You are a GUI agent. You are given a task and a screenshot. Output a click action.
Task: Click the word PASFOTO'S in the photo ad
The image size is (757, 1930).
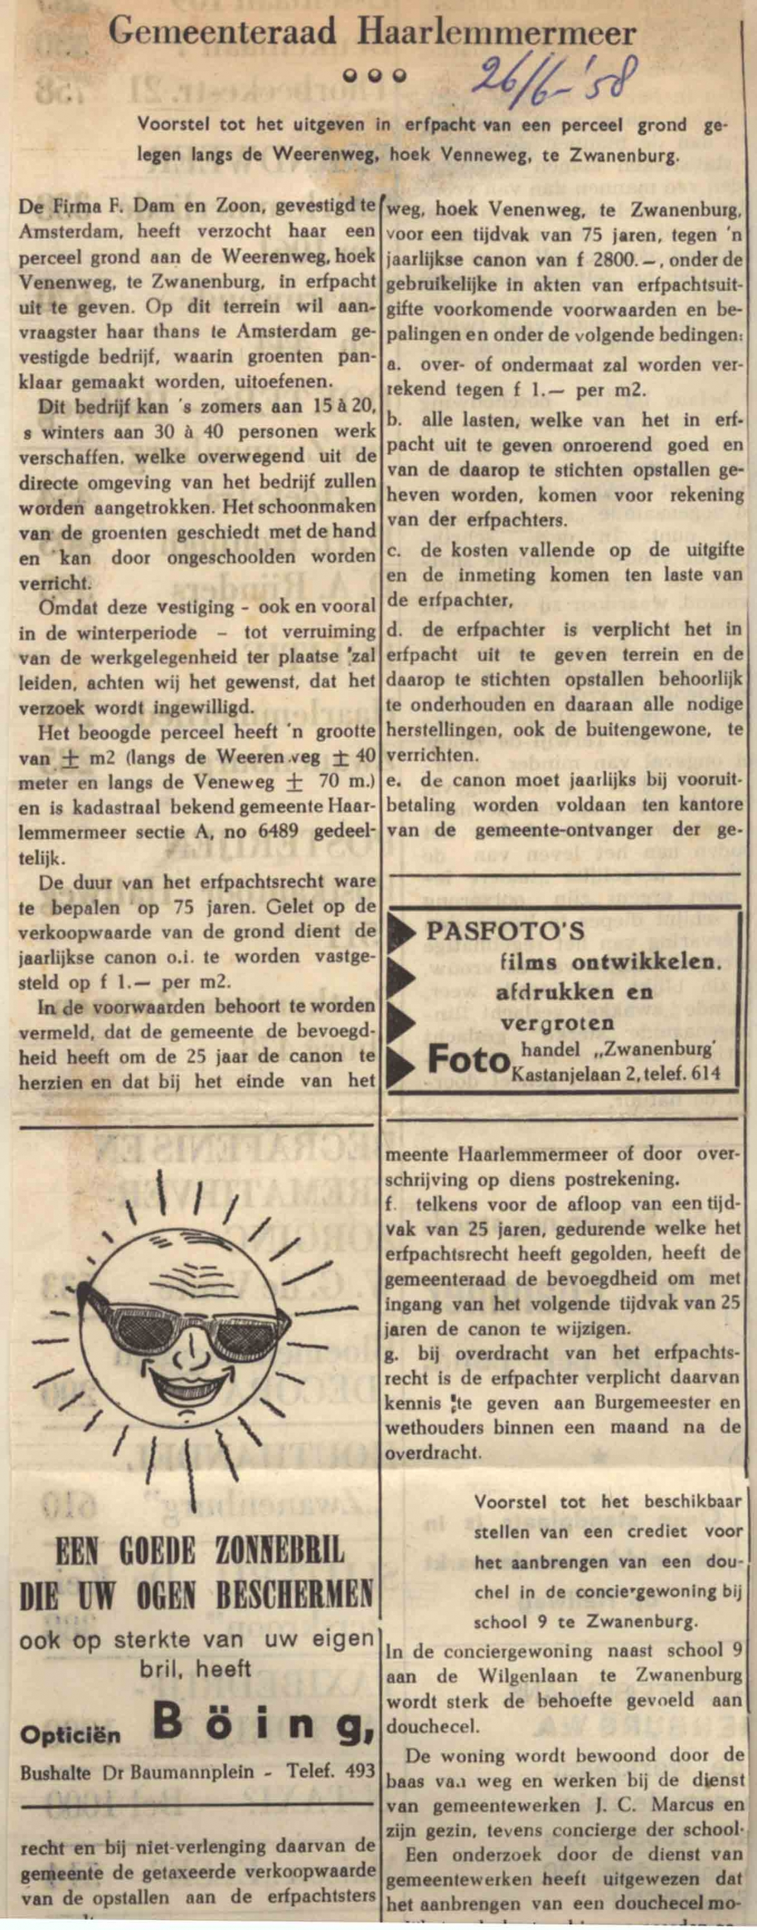pyautogui.click(x=505, y=932)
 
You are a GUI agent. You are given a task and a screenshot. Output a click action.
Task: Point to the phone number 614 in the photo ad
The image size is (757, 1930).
pyautogui.click(x=705, y=1073)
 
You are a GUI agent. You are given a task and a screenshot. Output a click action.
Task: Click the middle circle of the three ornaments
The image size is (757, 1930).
pyautogui.click(x=372, y=75)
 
